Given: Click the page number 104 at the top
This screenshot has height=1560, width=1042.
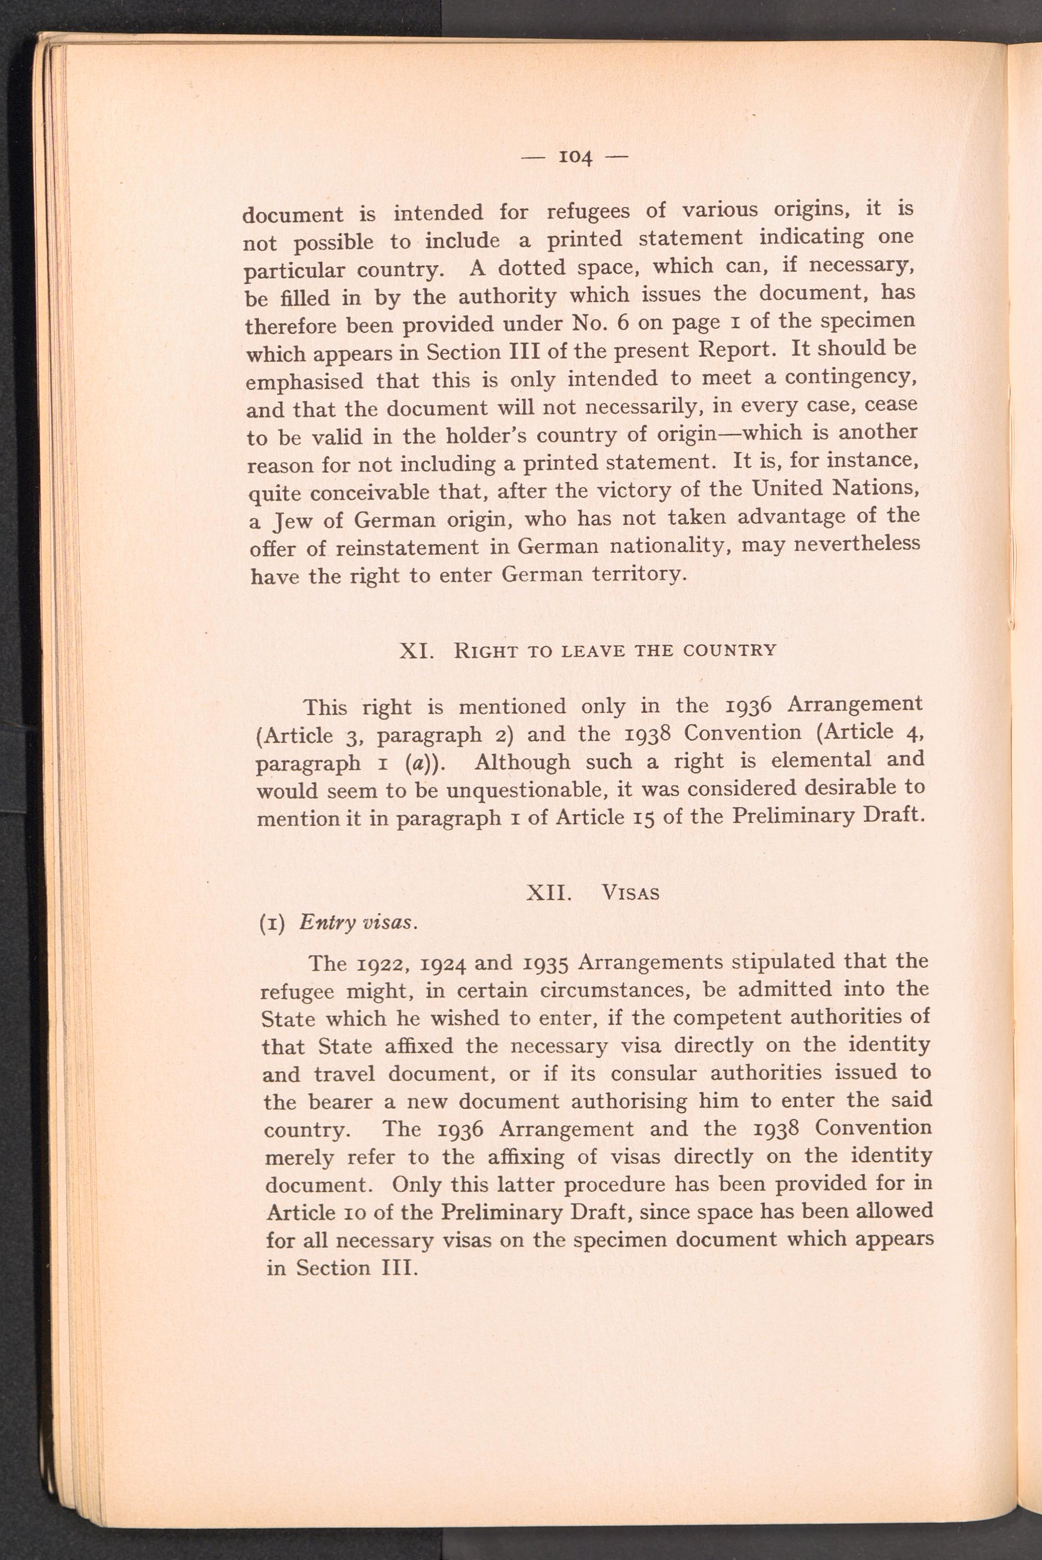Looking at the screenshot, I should pos(576,157).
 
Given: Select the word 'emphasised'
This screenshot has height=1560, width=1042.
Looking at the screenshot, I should pos(304,382).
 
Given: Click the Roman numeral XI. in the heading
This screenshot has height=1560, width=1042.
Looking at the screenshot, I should pos(417,650).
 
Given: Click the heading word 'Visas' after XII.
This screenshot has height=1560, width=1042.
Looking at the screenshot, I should pos(630,893).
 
